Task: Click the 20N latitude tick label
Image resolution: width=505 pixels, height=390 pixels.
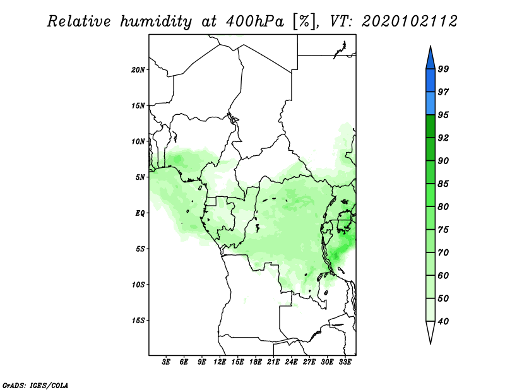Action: (x=138, y=70)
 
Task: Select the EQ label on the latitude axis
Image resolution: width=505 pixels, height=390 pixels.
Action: (x=140, y=213)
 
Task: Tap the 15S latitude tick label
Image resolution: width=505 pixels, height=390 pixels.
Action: (x=138, y=321)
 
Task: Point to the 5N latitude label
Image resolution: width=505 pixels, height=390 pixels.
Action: (x=140, y=177)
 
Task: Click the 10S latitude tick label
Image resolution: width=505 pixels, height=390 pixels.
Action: (x=138, y=285)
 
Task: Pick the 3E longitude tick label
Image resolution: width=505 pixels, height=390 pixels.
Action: (x=166, y=362)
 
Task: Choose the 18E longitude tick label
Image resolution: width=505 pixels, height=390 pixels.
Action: (x=256, y=362)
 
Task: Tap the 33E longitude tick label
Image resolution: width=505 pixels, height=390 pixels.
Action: (x=345, y=362)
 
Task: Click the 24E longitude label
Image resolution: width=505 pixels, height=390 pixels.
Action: (x=291, y=362)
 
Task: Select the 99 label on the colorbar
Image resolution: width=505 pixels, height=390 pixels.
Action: (x=443, y=69)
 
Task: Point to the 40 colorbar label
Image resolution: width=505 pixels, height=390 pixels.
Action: (x=443, y=321)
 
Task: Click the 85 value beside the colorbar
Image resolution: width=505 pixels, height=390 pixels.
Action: (x=443, y=184)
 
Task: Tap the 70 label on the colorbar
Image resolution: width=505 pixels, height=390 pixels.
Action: (x=443, y=252)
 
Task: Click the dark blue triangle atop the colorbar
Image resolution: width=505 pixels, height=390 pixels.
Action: (x=431, y=59)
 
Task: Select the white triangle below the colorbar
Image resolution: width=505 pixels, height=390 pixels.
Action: (x=431, y=331)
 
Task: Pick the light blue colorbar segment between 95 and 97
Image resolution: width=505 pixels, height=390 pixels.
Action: (x=431, y=103)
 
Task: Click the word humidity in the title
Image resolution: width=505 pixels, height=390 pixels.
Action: (x=156, y=22)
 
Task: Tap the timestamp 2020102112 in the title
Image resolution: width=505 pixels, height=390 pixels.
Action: (x=409, y=21)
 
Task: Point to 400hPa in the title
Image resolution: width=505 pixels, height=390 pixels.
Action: (x=255, y=21)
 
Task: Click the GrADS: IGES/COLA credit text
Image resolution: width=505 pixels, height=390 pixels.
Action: (x=35, y=386)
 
